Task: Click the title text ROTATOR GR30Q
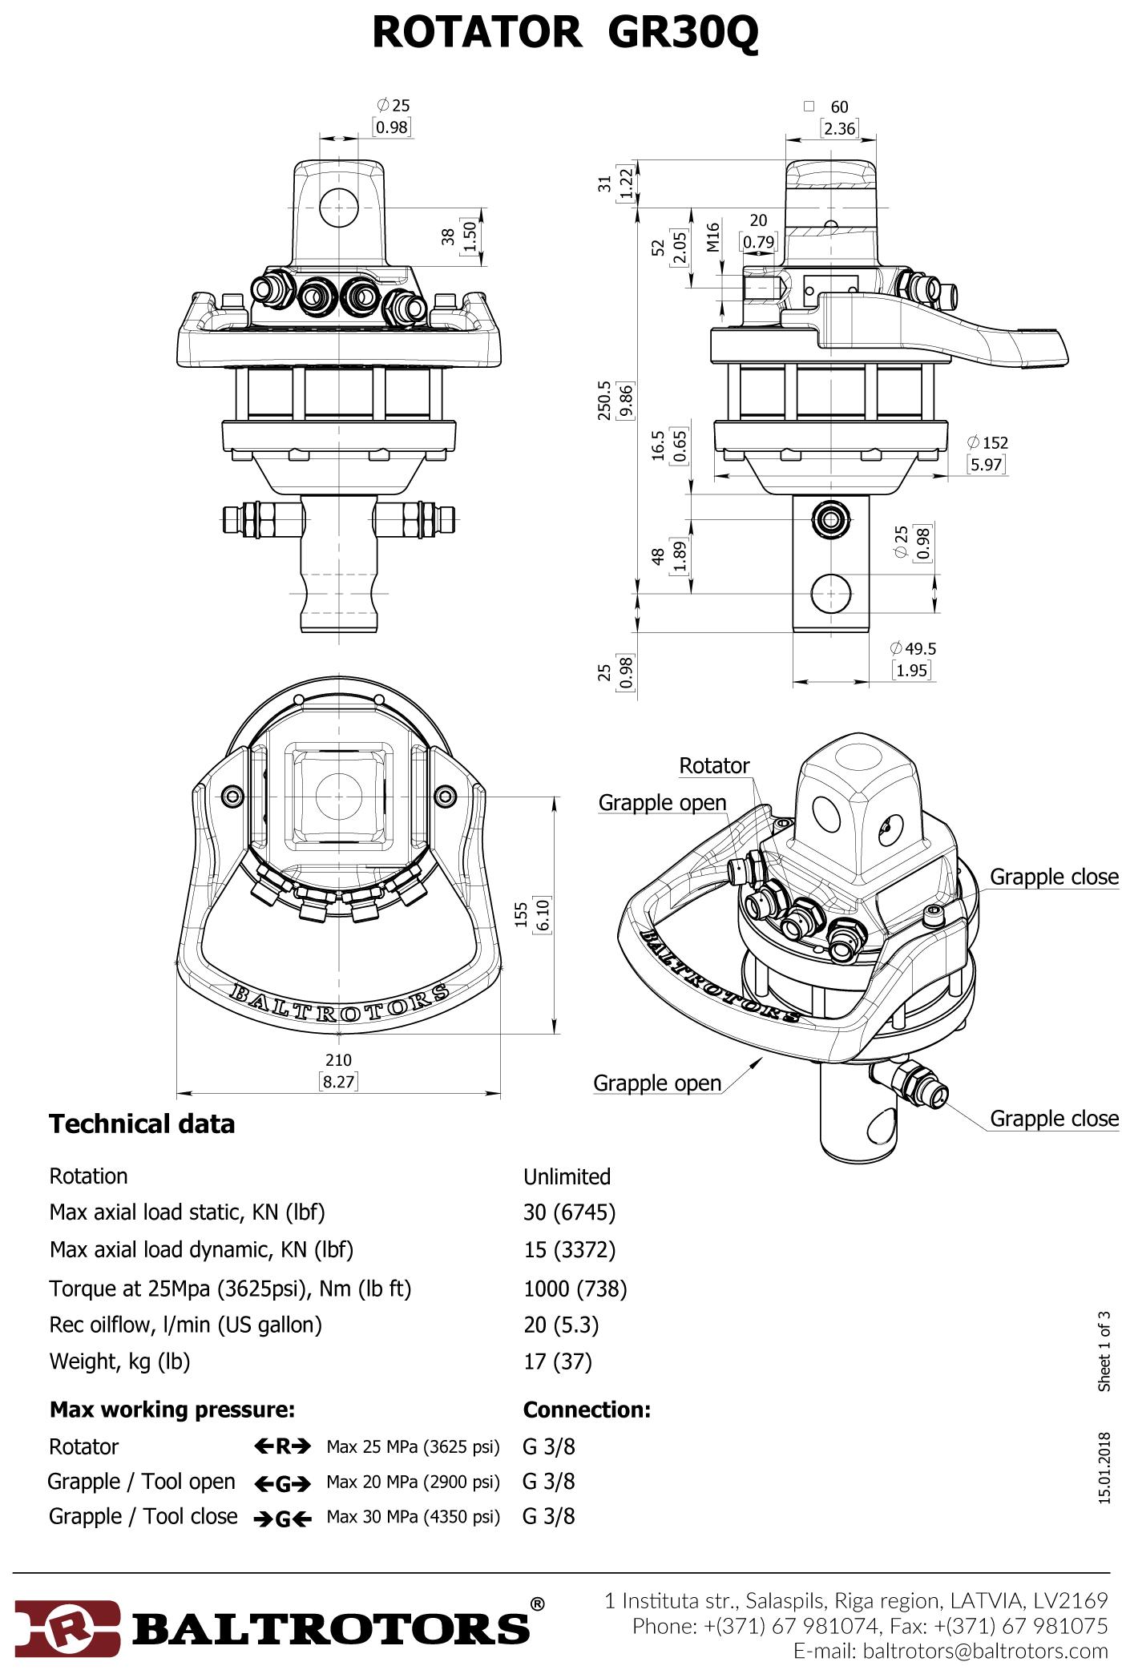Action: click(x=565, y=34)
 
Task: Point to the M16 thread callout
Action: click(x=713, y=237)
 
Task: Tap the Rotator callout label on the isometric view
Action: click(x=714, y=765)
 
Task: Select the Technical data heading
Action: click(x=142, y=1124)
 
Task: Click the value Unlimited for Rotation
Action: click(x=567, y=1176)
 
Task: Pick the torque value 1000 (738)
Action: click(x=575, y=1289)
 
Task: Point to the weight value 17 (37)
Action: click(x=557, y=1361)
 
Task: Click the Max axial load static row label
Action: click(x=187, y=1212)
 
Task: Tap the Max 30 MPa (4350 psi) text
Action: click(x=413, y=1516)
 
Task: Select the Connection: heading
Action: click(x=587, y=1410)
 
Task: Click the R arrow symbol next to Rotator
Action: click(x=282, y=1446)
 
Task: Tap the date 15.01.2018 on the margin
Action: click(x=1104, y=1468)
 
